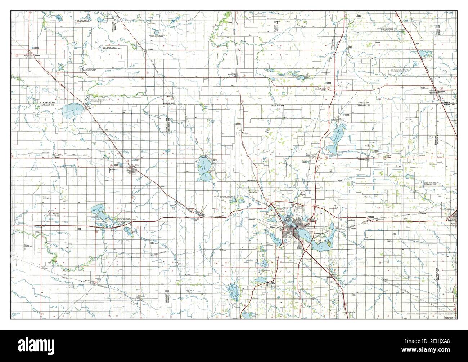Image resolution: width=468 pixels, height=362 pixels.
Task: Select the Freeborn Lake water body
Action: [x=203, y=170]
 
